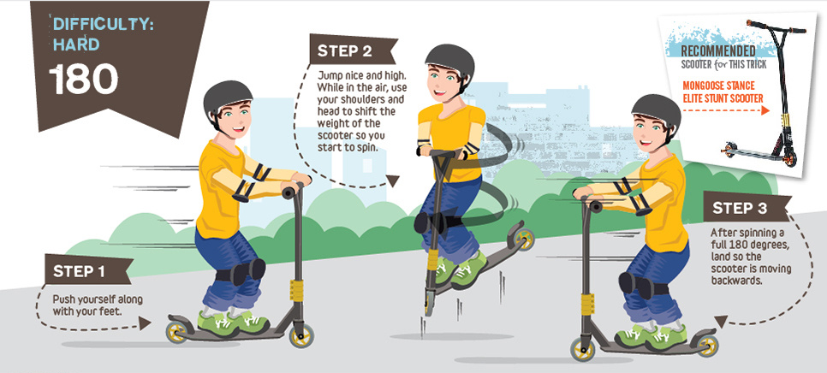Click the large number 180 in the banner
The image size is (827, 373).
click(83, 80)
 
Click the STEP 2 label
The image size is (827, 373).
click(344, 50)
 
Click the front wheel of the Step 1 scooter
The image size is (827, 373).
click(300, 335)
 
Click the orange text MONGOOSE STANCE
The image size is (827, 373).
click(719, 86)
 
